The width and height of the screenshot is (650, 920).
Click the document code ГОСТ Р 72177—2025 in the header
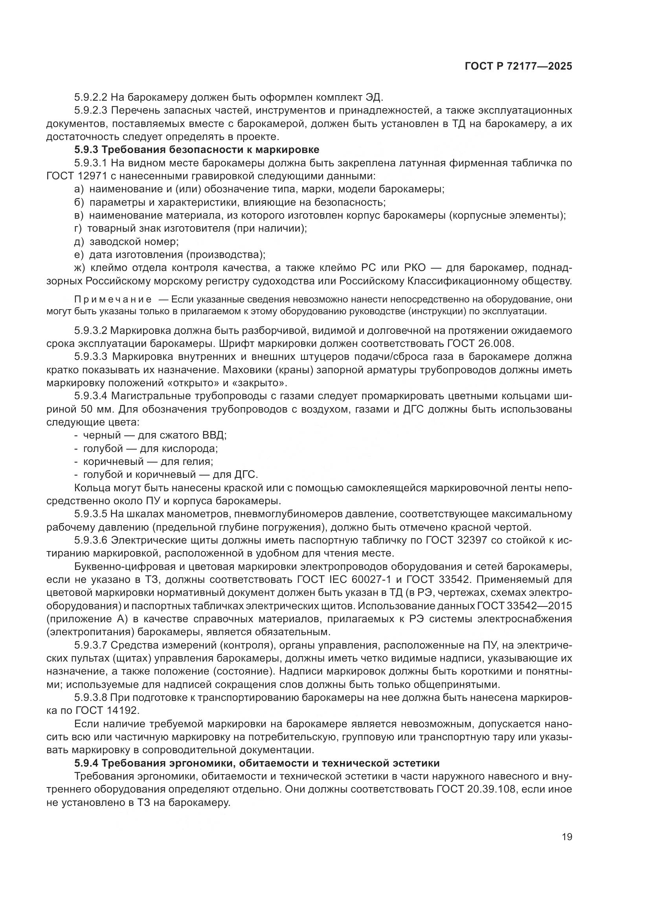(x=518, y=66)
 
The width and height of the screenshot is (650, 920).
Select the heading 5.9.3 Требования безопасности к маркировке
(x=196, y=150)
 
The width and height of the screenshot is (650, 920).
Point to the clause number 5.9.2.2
(x=91, y=97)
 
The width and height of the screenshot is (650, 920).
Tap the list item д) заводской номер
(x=127, y=242)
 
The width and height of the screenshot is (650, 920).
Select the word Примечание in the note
(x=113, y=299)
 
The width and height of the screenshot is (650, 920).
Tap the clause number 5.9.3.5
(x=91, y=514)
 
